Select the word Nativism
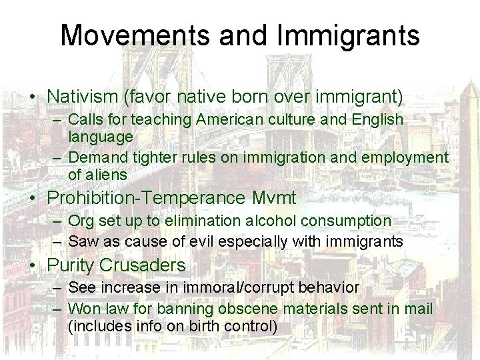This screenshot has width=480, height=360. [x=84, y=97]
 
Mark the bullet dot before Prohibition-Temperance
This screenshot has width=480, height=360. [x=33, y=199]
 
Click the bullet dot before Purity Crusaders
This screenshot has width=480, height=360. [x=33, y=266]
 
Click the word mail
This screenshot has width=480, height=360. [x=419, y=309]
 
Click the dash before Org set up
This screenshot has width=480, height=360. [x=57, y=220]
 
